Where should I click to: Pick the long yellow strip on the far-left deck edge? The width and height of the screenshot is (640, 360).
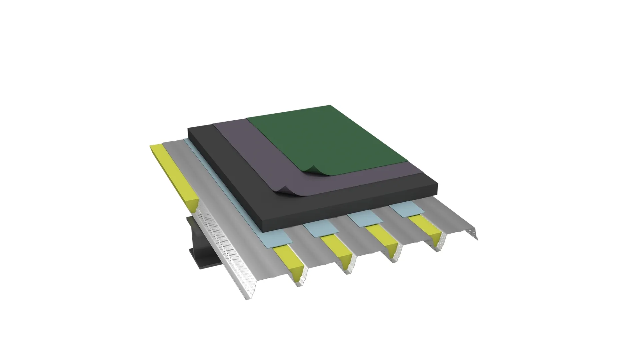pos(173,173)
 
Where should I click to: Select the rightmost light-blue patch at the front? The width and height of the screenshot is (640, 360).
pos(407,208)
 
